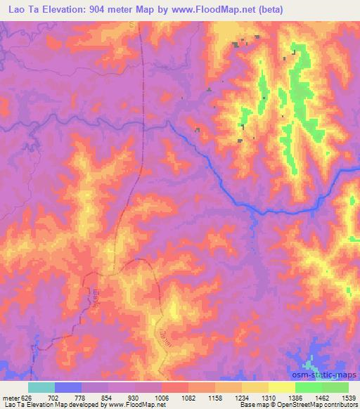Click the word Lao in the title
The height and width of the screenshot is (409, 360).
tap(15, 10)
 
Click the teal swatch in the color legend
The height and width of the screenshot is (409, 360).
tap(41, 387)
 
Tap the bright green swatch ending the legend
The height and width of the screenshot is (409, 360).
tap(335, 387)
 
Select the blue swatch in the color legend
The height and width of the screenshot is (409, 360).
tap(68, 387)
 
